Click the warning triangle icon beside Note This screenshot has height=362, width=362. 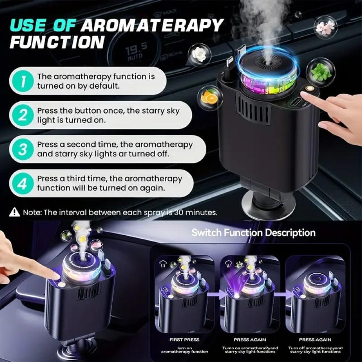coord(14,212)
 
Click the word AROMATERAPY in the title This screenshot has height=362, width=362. coord(152,25)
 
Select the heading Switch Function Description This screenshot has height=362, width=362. coord(253,232)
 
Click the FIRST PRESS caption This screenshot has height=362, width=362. coord(184,340)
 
